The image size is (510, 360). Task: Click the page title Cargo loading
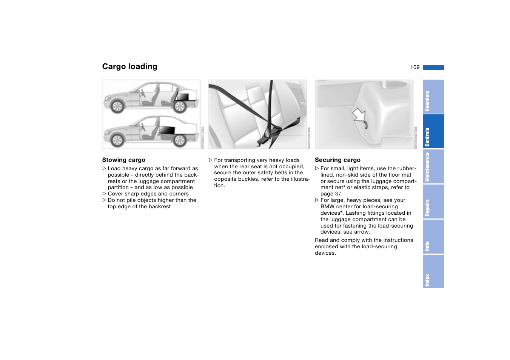tap(129, 66)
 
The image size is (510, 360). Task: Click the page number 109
tap(414, 67)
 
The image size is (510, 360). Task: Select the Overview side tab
tap(433, 97)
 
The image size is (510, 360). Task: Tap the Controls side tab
tap(433, 132)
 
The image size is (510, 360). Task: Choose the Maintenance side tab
tap(433, 166)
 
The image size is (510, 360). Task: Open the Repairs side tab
tap(433, 202)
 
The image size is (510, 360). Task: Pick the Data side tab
tap(433, 237)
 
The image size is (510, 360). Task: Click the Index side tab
tap(433, 272)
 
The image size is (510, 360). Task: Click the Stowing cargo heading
tap(123, 160)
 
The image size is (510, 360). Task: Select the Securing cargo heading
tap(337, 160)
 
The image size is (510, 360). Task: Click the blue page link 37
tap(338, 194)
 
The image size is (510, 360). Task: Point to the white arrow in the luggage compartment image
tap(359, 114)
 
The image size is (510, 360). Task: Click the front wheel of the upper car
tap(117, 107)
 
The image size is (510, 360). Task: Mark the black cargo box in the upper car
tap(182, 97)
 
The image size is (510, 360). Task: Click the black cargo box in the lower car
tap(166, 130)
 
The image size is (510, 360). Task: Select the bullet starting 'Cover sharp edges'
tap(148, 194)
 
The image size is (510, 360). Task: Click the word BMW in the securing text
tap(327, 207)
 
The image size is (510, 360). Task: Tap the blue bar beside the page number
tap(433, 68)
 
